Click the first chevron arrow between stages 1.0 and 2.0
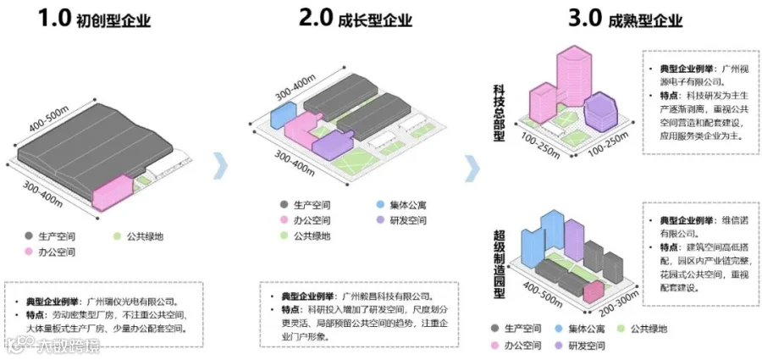(221, 166)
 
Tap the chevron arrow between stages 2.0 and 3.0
(472, 166)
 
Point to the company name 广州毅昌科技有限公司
(384, 296)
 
